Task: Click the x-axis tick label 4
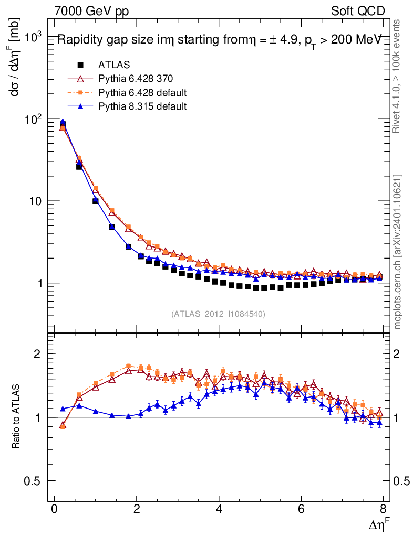coord(219,509)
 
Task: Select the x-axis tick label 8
coord(383,509)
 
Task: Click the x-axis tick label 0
coord(55,509)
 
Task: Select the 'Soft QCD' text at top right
coord(358,11)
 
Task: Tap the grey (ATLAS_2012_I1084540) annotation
coord(218,314)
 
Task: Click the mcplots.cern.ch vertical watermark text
coord(398,251)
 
